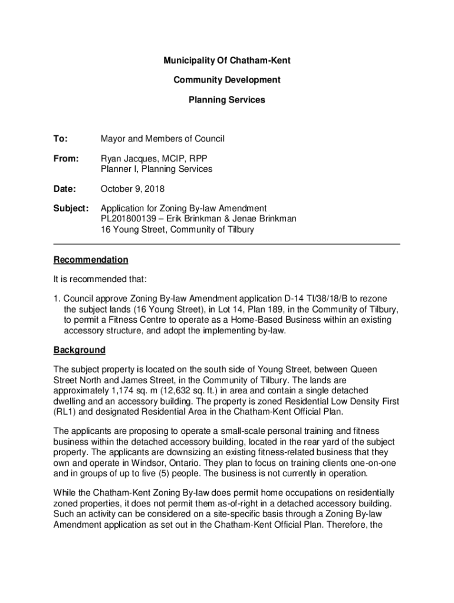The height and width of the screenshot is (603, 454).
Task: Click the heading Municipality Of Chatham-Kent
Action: (x=227, y=61)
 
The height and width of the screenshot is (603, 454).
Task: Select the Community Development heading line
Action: (x=227, y=80)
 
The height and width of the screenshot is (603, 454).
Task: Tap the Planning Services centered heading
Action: (x=227, y=100)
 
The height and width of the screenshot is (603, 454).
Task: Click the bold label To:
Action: (x=60, y=139)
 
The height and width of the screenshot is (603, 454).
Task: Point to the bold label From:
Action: (x=65, y=159)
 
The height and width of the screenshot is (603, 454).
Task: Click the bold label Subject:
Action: (x=71, y=208)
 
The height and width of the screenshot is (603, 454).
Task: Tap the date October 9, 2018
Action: (x=133, y=189)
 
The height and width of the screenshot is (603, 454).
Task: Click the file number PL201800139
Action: (x=130, y=219)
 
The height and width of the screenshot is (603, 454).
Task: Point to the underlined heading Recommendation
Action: (x=91, y=260)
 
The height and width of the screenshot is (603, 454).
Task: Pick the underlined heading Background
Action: (x=80, y=350)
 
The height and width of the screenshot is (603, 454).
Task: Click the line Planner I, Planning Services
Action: (x=156, y=170)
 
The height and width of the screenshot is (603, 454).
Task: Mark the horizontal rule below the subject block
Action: (x=227, y=244)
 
